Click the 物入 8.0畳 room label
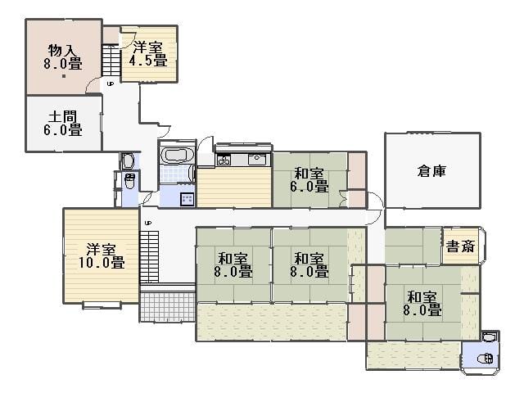(63, 57)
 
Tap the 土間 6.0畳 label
(63, 124)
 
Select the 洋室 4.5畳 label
(148, 54)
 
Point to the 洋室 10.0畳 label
(102, 256)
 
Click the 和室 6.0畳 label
(309, 180)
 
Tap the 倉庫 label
(431, 171)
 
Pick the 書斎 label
(460, 246)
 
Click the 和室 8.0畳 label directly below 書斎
(422, 304)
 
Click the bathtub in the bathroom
(177, 155)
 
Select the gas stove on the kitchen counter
(224, 160)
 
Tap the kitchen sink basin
(256, 159)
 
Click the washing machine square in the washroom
(187, 199)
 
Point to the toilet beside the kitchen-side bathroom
(129, 180)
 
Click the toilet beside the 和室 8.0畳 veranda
(486, 359)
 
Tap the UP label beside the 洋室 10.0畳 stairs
(147, 223)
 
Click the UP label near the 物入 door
(110, 84)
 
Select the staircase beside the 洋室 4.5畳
(111, 60)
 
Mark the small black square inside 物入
(64, 76)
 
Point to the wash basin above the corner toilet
(488, 337)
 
